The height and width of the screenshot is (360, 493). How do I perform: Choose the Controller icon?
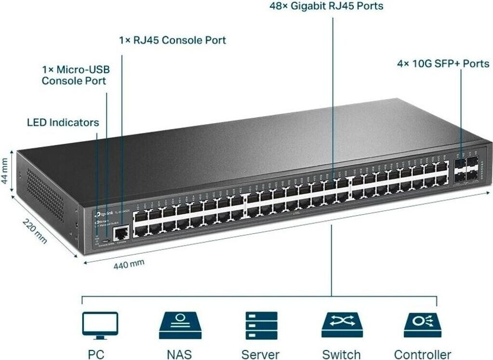[x=422, y=325]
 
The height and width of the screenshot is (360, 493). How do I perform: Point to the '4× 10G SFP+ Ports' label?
[x=443, y=64]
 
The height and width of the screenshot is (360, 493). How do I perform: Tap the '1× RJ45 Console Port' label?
[x=172, y=40]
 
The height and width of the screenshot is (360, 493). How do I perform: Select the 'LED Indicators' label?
[x=63, y=122]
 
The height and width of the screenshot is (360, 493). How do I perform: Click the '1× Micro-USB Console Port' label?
[x=75, y=75]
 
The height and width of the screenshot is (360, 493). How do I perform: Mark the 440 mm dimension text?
[x=129, y=264]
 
